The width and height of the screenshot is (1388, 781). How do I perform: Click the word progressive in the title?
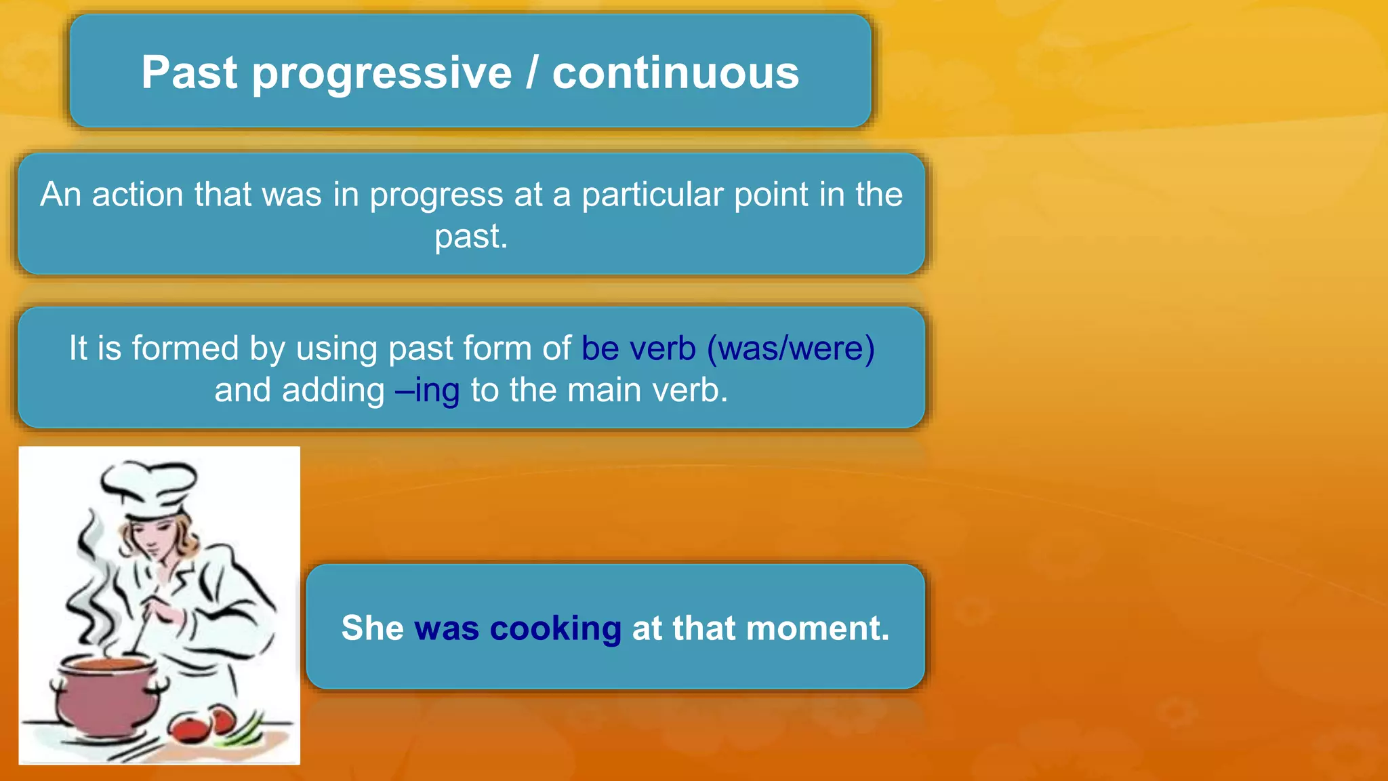pos(382,73)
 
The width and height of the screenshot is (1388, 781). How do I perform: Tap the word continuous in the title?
pos(675,73)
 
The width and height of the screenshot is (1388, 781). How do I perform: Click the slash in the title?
pos(532,73)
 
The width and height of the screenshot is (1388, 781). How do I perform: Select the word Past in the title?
pos(189,73)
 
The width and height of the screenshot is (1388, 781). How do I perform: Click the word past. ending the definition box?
pos(471,237)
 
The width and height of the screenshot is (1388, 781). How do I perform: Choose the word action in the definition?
pos(138,195)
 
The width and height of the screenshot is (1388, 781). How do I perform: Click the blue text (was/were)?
pos(791,348)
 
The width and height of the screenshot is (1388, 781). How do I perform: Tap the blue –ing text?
pos(428,390)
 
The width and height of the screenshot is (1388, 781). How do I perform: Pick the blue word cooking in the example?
pos(555,628)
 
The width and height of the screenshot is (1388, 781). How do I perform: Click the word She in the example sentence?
pos(372,628)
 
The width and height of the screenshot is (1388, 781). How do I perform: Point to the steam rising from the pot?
pos(91,590)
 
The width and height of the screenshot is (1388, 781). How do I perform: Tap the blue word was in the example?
pos(447,628)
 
